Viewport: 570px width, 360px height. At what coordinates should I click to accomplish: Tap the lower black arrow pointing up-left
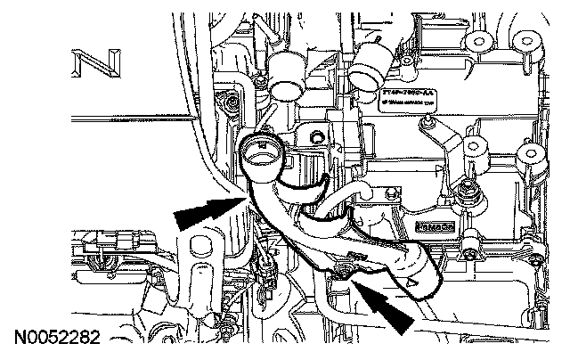click(392, 307)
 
